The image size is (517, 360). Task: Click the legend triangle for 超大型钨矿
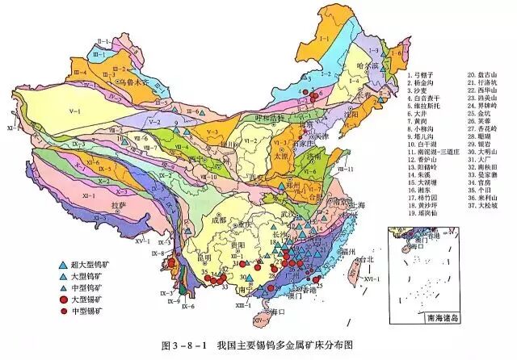pos(62,264)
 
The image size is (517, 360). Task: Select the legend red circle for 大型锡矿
pos(62,298)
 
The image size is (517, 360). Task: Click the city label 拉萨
pos(120,206)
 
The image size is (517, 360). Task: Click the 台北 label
pos(368,260)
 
